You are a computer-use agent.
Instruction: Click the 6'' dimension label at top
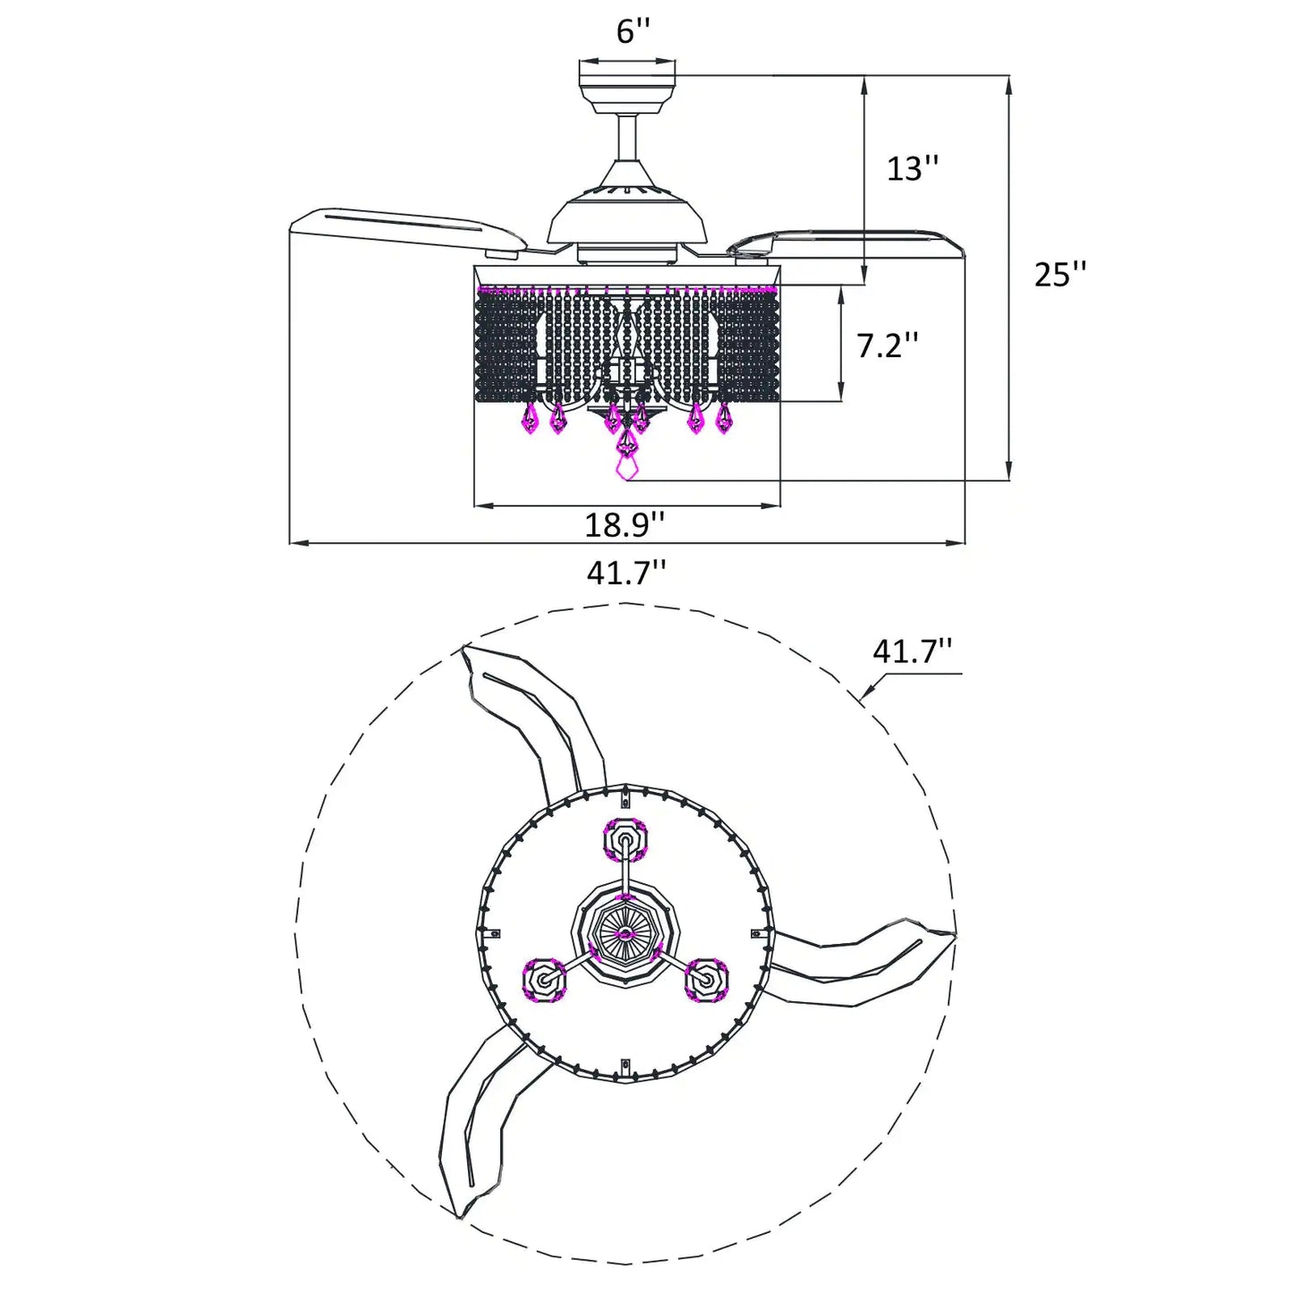633,30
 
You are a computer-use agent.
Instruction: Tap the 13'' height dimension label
913,167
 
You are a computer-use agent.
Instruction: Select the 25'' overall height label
1060,274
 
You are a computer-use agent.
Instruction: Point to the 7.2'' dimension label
887,345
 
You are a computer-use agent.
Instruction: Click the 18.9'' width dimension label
625,524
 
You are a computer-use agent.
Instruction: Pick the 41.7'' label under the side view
626,573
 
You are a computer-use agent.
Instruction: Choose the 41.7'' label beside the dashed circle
913,651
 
